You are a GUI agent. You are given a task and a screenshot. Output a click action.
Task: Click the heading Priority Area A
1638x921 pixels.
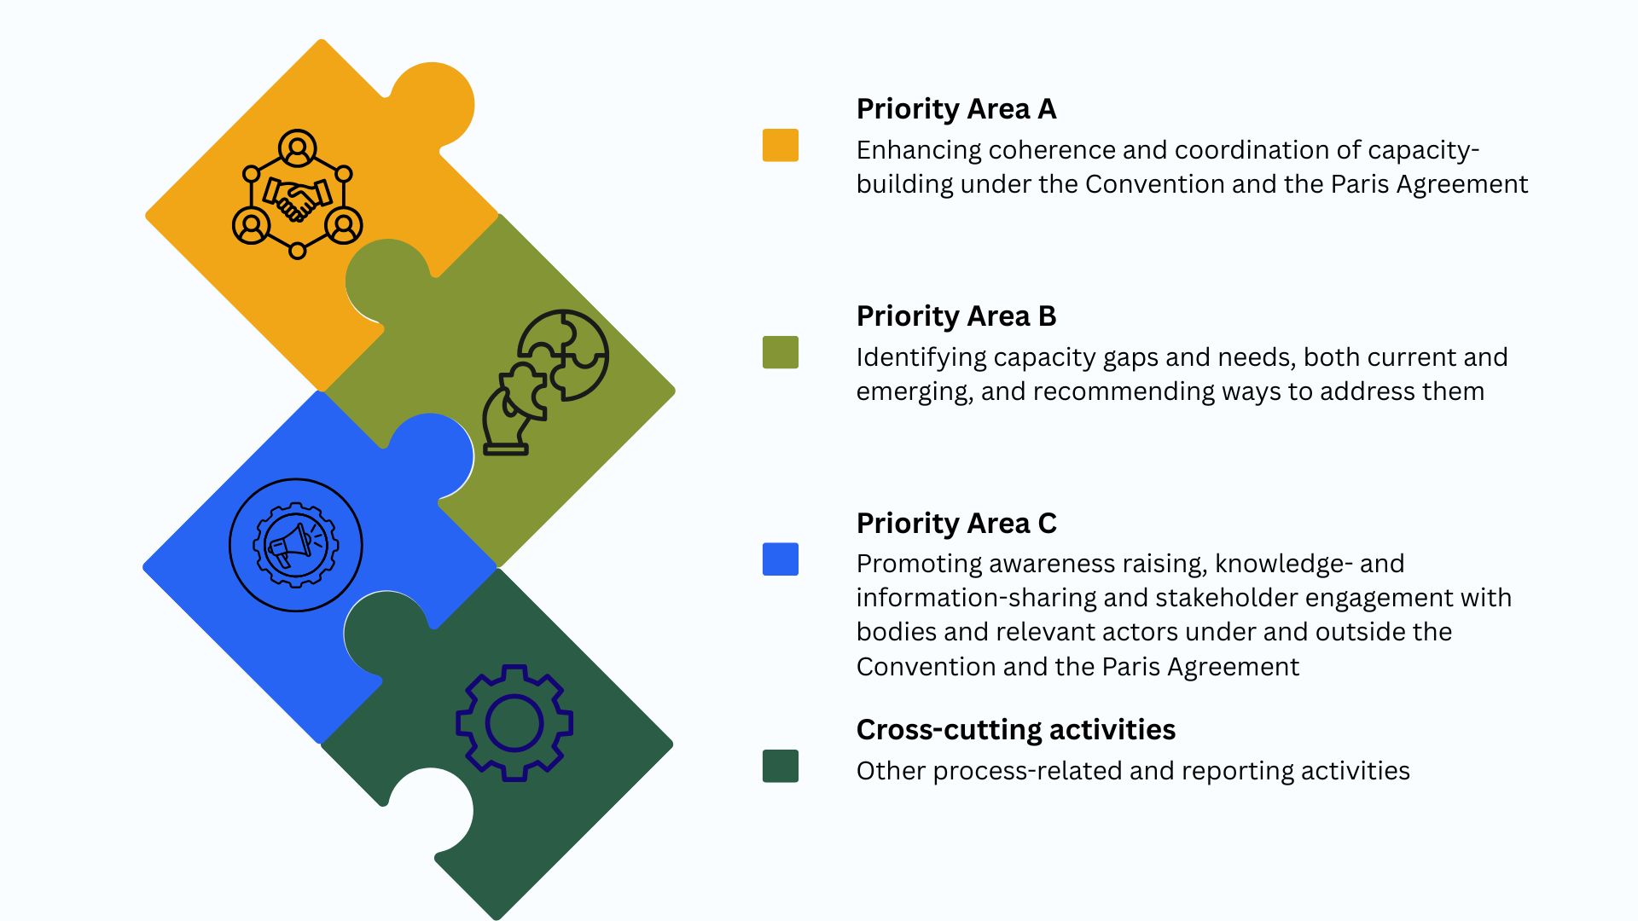click(x=956, y=109)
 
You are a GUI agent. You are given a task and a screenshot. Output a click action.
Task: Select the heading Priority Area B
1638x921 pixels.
click(x=956, y=316)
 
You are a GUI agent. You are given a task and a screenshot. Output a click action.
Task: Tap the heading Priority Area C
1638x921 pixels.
click(x=956, y=524)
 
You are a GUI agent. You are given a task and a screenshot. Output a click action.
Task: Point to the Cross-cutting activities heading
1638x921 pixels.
click(x=1016, y=730)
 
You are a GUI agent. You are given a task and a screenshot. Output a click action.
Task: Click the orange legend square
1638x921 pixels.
click(x=781, y=145)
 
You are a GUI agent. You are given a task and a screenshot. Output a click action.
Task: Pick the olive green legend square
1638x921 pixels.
click(x=781, y=352)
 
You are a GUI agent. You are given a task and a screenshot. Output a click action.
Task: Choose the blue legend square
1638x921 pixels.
click(x=781, y=559)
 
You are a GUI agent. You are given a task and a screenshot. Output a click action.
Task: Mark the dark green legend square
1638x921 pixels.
click(x=781, y=766)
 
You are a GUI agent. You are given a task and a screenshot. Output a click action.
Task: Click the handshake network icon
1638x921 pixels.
click(x=298, y=194)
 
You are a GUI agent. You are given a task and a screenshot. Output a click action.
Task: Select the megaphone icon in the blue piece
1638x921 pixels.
click(x=296, y=545)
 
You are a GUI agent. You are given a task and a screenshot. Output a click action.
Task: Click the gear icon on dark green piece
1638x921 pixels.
click(x=514, y=723)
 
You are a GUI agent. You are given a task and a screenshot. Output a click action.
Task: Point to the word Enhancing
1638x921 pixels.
click(x=919, y=151)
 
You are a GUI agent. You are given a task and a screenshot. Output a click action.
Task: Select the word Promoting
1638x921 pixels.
click(x=919, y=565)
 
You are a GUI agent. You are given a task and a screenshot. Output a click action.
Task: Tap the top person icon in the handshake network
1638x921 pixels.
click(x=298, y=148)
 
